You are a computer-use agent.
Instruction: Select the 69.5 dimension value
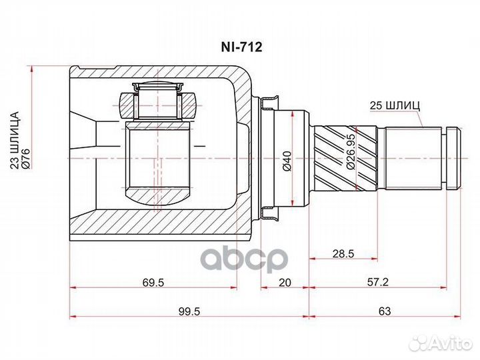click(x=153, y=282)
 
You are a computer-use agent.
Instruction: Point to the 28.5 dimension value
click(x=343, y=254)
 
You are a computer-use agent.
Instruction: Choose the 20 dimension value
click(x=285, y=282)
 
